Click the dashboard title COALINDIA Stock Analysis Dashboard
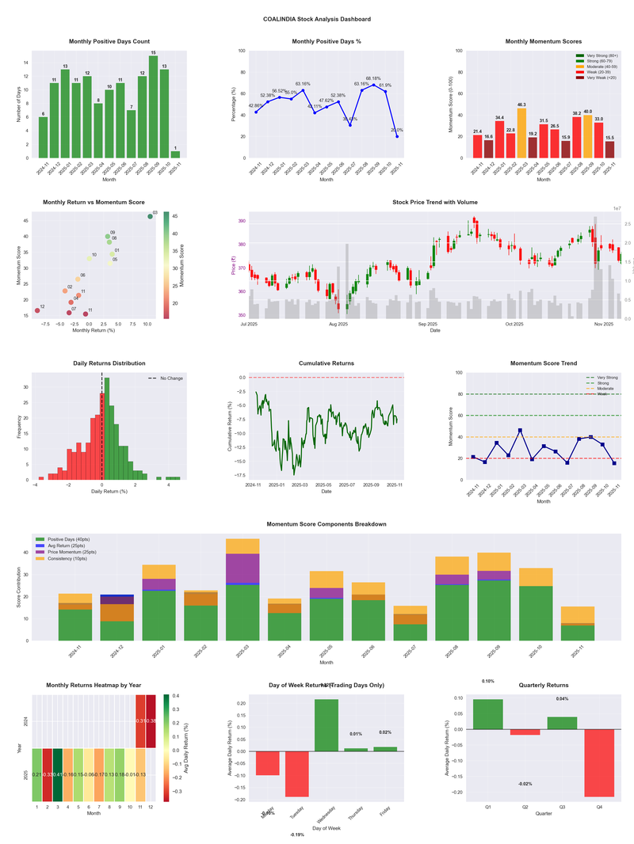tap(317, 18)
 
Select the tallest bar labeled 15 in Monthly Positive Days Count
tap(153, 106)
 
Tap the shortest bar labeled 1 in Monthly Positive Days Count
tap(175, 154)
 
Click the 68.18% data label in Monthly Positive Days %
tap(373, 78)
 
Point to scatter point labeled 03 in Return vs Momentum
tap(150, 216)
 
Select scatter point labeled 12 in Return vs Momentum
tap(36, 310)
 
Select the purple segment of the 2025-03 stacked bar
tap(243, 568)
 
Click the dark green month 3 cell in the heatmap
tap(59, 774)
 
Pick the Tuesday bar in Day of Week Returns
tap(297, 774)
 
